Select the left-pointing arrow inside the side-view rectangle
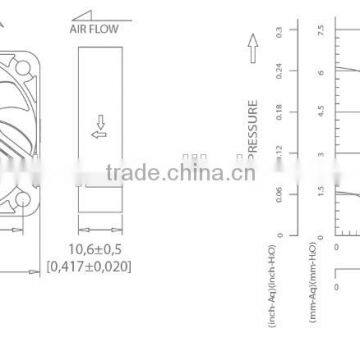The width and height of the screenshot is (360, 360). tap(98, 131)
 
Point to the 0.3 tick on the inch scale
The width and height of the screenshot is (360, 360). tap(278, 32)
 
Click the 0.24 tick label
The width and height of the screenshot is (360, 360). tap(278, 71)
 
